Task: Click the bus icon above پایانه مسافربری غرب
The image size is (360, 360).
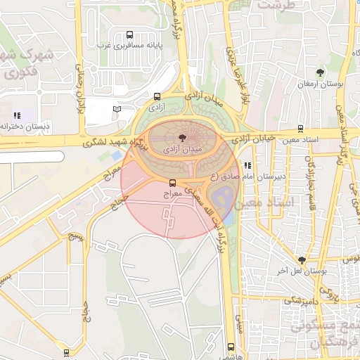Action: pos(129,34)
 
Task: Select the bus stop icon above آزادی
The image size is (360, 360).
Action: pos(156,98)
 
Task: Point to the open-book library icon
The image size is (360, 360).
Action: pos(117,109)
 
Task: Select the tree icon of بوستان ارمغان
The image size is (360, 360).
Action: pos(321,72)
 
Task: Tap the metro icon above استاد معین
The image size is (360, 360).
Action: pos(301,129)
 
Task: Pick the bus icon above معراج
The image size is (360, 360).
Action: pos(172,182)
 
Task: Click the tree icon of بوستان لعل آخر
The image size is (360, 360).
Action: pos(302,260)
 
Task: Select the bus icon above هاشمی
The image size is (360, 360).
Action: pos(231,347)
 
